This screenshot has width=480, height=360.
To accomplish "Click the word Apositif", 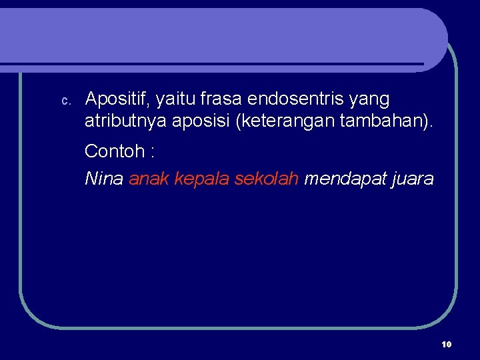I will (x=118, y=100).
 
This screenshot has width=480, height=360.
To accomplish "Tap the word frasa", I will (x=221, y=99).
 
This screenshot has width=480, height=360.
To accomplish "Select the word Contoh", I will (x=114, y=151).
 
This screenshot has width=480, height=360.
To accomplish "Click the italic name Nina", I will (x=103, y=179).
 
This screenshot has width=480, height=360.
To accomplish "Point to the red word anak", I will (x=149, y=179).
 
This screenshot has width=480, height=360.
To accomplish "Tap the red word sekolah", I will (x=267, y=179).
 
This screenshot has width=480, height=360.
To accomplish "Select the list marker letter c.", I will (x=65, y=101).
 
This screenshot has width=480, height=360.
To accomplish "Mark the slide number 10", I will (x=446, y=344).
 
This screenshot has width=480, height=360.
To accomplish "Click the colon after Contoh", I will (x=153, y=152).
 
